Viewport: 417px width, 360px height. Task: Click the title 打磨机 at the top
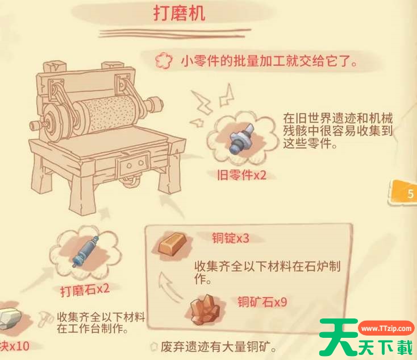point(180,14)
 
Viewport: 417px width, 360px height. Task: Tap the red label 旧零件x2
point(242,175)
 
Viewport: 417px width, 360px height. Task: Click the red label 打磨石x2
point(85,290)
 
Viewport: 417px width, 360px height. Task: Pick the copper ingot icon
point(170,244)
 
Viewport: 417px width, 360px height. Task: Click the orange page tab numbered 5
point(407,193)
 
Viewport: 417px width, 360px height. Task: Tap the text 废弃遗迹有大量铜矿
point(215,346)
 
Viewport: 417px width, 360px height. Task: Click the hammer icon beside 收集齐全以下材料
point(45,318)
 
